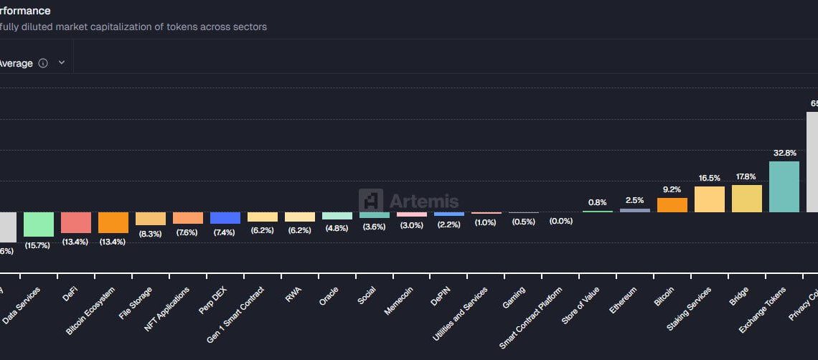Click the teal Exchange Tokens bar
pyautogui.click(x=784, y=186)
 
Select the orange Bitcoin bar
pyautogui.click(x=672, y=205)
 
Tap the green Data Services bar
pyautogui.click(x=39, y=224)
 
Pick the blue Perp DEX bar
pyautogui.click(x=225, y=218)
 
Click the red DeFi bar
pyautogui.click(x=76, y=222)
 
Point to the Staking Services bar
pyautogui.click(x=709, y=199)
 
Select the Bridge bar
pyautogui.click(x=746, y=199)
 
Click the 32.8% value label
pyautogui.click(x=784, y=153)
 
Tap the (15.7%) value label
pyautogui.click(x=39, y=245)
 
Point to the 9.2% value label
pyautogui.click(x=672, y=189)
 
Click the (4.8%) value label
pyautogui.click(x=337, y=227)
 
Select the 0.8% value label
pyautogui.click(x=597, y=202)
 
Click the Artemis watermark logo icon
pyautogui.click(x=371, y=202)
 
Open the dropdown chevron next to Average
pyautogui.click(x=62, y=63)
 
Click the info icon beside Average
pyautogui.click(x=43, y=63)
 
